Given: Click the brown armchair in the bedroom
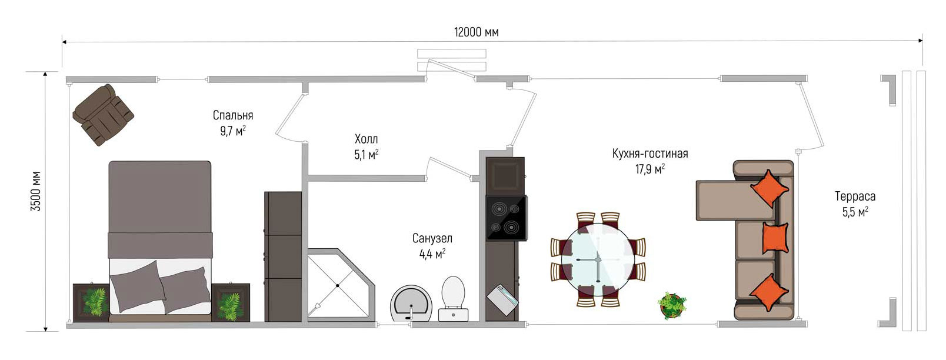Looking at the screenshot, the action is point(103,115).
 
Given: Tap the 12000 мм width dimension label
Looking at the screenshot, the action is point(477,32).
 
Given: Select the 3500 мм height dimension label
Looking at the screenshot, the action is point(36,191).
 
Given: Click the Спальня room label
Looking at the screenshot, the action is point(233,115).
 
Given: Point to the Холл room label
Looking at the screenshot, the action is point(366,139).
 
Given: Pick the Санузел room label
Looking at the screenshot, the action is point(432,238).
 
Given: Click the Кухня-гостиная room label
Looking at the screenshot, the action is point(650,153).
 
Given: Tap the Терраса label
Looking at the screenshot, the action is point(855,196).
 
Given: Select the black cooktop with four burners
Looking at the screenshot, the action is point(507,218).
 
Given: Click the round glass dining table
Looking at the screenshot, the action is point(597,258).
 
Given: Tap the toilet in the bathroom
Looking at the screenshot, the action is point(453,298).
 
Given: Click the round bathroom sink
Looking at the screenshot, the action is point(411,304).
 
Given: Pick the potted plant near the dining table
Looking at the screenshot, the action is point(672,305).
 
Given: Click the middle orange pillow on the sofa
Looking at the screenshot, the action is point(775,238).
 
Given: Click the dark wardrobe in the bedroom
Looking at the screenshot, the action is point(283,256).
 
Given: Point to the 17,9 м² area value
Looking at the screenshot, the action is point(650,169).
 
